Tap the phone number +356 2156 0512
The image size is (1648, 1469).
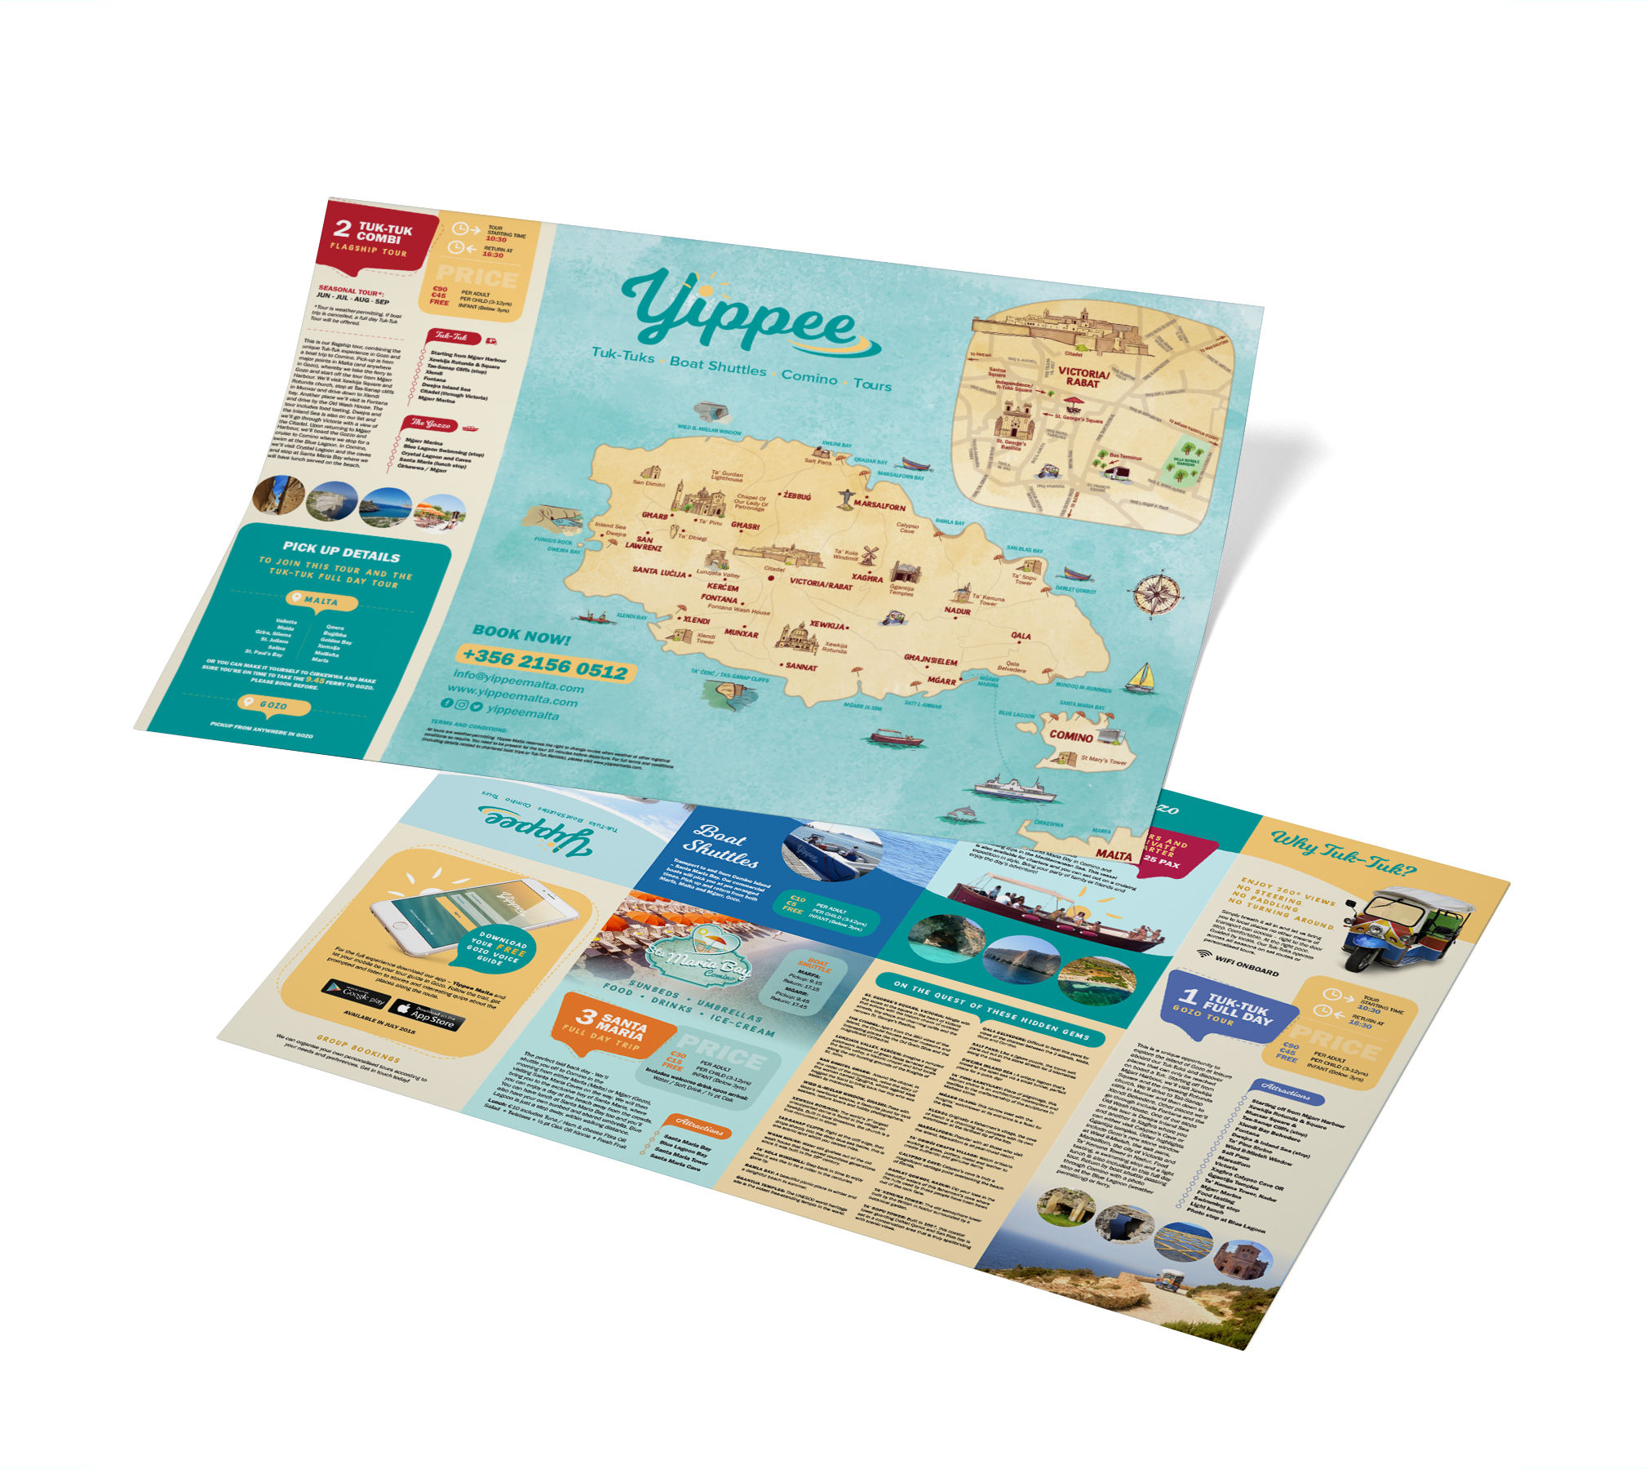tap(544, 664)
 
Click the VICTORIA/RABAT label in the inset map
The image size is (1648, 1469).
tap(1083, 377)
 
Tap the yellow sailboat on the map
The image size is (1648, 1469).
tap(1142, 677)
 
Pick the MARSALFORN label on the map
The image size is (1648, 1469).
tap(879, 506)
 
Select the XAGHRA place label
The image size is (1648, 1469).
tap(866, 578)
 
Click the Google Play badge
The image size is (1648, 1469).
tap(355, 993)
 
